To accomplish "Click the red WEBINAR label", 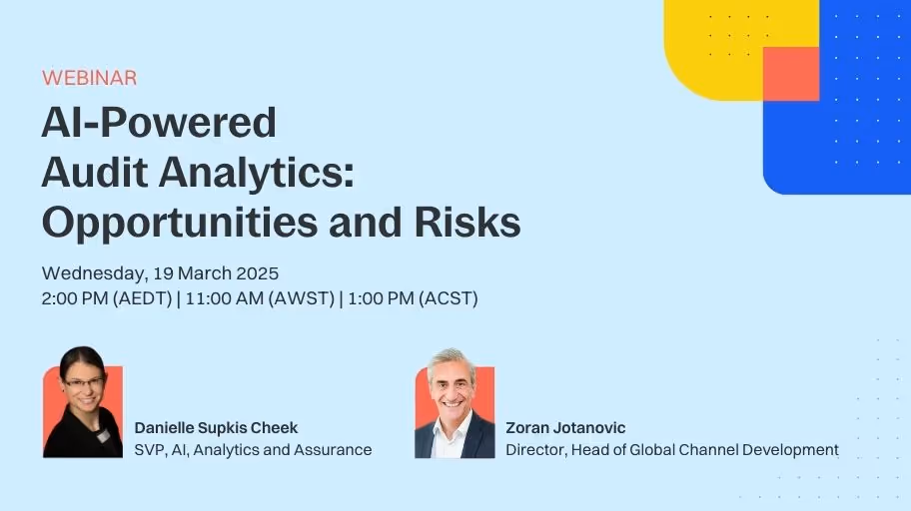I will coord(89,78).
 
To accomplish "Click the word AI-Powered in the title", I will coord(159,123).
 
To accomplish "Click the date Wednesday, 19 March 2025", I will coord(160,272).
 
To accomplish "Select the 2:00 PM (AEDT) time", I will coord(106,298).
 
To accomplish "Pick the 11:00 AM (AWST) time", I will coord(258,298).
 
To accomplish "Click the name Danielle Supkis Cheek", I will coord(216,428).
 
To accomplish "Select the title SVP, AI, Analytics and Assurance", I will coord(253,450).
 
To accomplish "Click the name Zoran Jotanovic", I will coord(565,428).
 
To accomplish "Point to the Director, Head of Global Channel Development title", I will coord(671,450).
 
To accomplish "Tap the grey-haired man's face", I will coord(453,383).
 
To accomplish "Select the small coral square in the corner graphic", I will coord(790,73).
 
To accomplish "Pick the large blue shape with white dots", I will coord(849,130).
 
